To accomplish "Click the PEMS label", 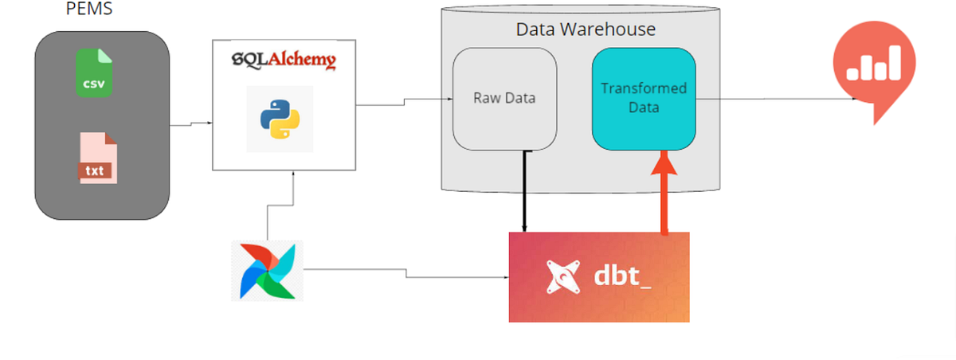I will [x=88, y=11].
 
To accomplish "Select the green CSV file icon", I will [x=95, y=73].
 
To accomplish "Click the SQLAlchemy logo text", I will [x=283, y=61].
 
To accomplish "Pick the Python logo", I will [x=280, y=119].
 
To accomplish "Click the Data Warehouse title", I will [x=586, y=29].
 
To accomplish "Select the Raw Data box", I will [x=504, y=99].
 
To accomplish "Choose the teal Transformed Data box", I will [x=644, y=98].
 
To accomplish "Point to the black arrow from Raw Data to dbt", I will [x=523, y=191].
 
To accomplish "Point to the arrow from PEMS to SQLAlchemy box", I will [x=191, y=124].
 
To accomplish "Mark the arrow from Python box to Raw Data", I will [x=405, y=101].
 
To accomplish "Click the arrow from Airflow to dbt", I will [x=406, y=273].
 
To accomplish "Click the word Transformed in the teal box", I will [x=644, y=88].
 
